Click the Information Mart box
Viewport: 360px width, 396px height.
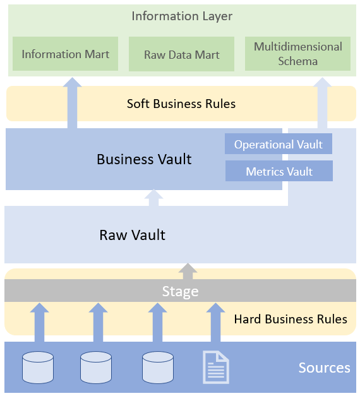[66, 54]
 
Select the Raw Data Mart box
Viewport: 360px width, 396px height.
[182, 54]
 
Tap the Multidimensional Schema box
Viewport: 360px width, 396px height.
[298, 54]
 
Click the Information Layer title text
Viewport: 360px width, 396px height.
[182, 16]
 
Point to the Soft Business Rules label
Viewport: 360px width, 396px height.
[181, 104]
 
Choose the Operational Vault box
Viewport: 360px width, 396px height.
[279, 144]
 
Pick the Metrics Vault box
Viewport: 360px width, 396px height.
[279, 171]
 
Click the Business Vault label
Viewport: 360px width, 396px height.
[144, 159]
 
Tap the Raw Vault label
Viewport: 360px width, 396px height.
[133, 235]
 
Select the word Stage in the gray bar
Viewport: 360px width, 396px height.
[181, 291]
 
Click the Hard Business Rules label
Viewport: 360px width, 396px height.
[291, 319]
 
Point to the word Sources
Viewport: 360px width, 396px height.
[325, 368]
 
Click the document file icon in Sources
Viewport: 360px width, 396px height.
[216, 367]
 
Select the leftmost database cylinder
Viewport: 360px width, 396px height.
[38, 368]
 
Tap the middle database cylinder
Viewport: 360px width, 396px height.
[96, 368]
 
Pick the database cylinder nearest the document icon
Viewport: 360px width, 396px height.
[158, 368]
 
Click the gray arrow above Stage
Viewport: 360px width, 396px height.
[188, 271]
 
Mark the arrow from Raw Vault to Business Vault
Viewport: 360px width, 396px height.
[153, 198]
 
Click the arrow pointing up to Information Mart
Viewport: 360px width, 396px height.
[72, 103]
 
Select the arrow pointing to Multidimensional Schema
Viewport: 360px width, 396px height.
[322, 103]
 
